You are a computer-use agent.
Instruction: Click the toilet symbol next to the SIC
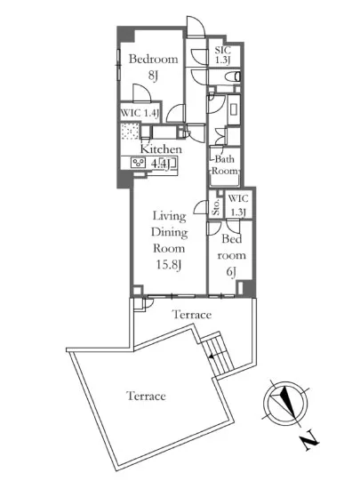(x=233, y=76)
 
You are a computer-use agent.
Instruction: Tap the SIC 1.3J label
(x=222, y=55)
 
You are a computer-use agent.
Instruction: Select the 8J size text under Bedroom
(x=153, y=76)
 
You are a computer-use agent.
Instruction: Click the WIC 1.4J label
(x=140, y=113)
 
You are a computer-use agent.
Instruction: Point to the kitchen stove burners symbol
(x=138, y=163)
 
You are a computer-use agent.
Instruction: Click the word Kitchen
(x=161, y=148)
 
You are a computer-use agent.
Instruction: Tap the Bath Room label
(x=225, y=165)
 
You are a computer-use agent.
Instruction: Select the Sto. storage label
(x=216, y=207)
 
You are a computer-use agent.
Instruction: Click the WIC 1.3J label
(x=238, y=204)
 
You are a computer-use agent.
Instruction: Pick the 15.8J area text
(x=169, y=265)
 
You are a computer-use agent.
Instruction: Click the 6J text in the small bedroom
(x=231, y=272)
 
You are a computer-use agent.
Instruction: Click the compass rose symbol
(x=285, y=404)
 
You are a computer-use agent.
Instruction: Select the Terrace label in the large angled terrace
(x=146, y=396)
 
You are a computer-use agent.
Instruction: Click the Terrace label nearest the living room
(x=192, y=315)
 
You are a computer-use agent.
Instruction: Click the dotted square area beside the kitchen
(x=130, y=132)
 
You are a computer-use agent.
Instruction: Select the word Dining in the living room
(x=169, y=233)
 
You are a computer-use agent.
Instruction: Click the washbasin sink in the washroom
(x=234, y=109)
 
